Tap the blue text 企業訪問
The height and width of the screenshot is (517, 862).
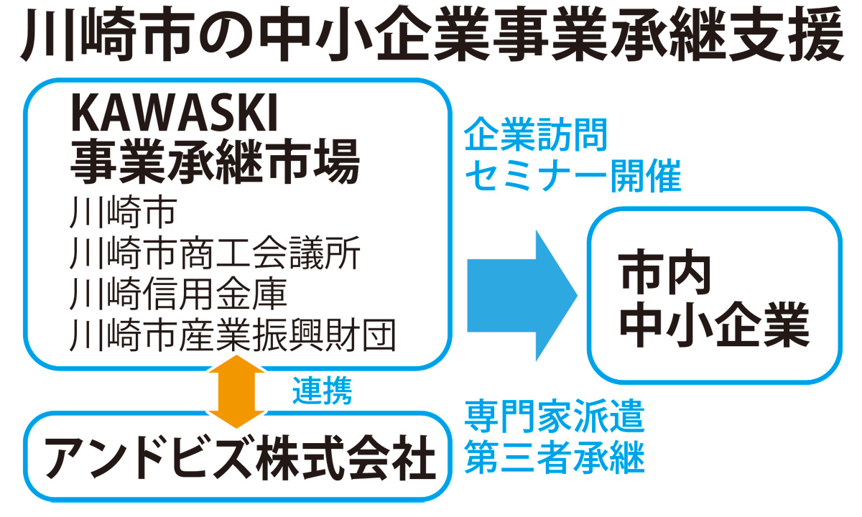[x=536, y=135]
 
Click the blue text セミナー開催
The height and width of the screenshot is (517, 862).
[x=572, y=177]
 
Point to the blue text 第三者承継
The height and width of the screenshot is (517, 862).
[x=554, y=458]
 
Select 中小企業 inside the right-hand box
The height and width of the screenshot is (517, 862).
[x=714, y=327]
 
